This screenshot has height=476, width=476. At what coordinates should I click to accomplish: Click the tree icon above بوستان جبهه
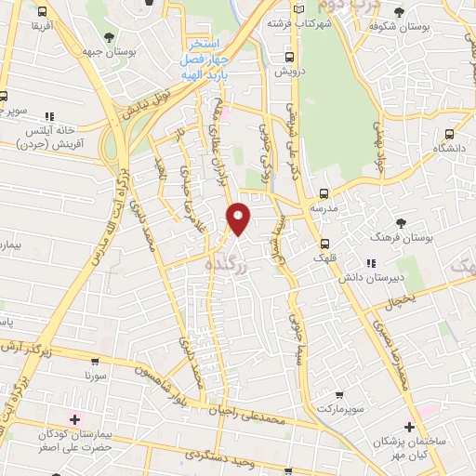111,37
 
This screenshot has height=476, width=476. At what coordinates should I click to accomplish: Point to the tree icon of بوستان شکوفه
399,12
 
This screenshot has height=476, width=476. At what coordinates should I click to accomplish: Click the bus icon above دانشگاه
450,132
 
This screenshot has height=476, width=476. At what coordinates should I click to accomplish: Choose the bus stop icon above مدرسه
324,194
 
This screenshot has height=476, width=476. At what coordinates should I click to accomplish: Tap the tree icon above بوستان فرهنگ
401,223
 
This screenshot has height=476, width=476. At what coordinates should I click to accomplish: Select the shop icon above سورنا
95,361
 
